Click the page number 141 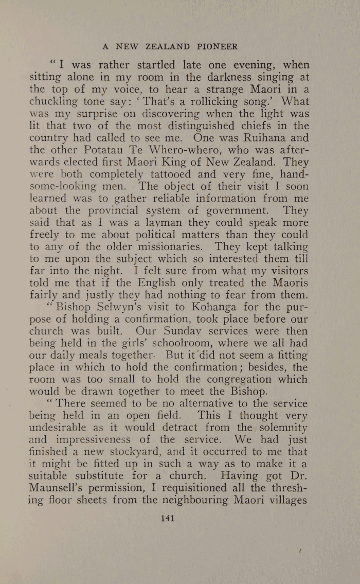pyautogui.click(x=168, y=518)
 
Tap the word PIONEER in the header pyautogui.click(x=218, y=46)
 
